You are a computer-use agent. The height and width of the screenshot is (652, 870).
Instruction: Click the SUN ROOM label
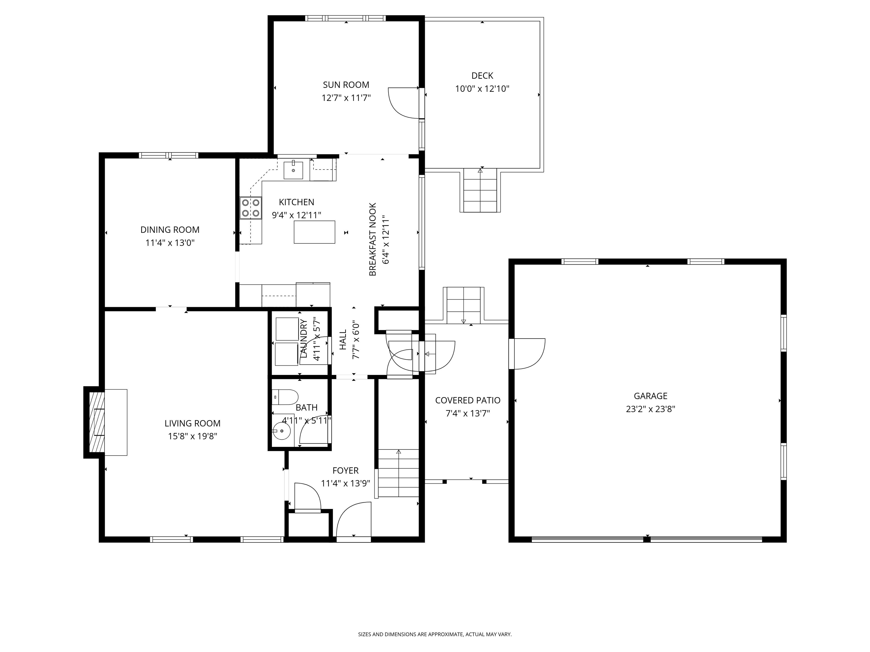(346, 85)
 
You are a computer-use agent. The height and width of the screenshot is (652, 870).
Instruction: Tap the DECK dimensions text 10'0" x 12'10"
(482, 89)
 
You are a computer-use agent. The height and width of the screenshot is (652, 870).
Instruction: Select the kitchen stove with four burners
(251, 208)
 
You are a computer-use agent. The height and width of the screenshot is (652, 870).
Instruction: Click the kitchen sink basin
(293, 170)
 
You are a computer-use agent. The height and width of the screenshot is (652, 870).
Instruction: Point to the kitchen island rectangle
(314, 232)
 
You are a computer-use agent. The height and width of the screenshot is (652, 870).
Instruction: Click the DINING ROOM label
(170, 230)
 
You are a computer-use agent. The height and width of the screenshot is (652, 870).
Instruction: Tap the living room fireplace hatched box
(97, 422)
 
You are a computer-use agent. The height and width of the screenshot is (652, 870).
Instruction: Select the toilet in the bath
(285, 397)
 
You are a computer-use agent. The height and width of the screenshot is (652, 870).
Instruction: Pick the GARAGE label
(651, 396)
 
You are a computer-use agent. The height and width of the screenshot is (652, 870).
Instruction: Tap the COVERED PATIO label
(468, 400)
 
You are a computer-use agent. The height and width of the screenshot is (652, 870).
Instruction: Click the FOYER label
(345, 470)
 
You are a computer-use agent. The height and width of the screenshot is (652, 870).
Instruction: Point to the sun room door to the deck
(404, 102)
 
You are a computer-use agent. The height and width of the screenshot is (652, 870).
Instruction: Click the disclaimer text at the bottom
(435, 612)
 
